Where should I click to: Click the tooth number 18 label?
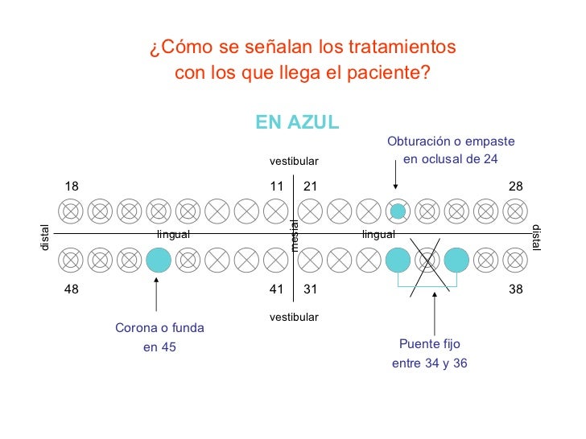[72, 187]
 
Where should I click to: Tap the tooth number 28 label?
[516, 187]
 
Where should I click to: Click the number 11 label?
[277, 187]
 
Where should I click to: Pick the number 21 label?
[311, 187]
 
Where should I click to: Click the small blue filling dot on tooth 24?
[398, 211]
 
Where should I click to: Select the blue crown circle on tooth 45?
[159, 260]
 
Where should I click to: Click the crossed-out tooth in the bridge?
[427, 260]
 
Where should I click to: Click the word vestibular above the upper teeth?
[294, 162]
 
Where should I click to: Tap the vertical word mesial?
[295, 235]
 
